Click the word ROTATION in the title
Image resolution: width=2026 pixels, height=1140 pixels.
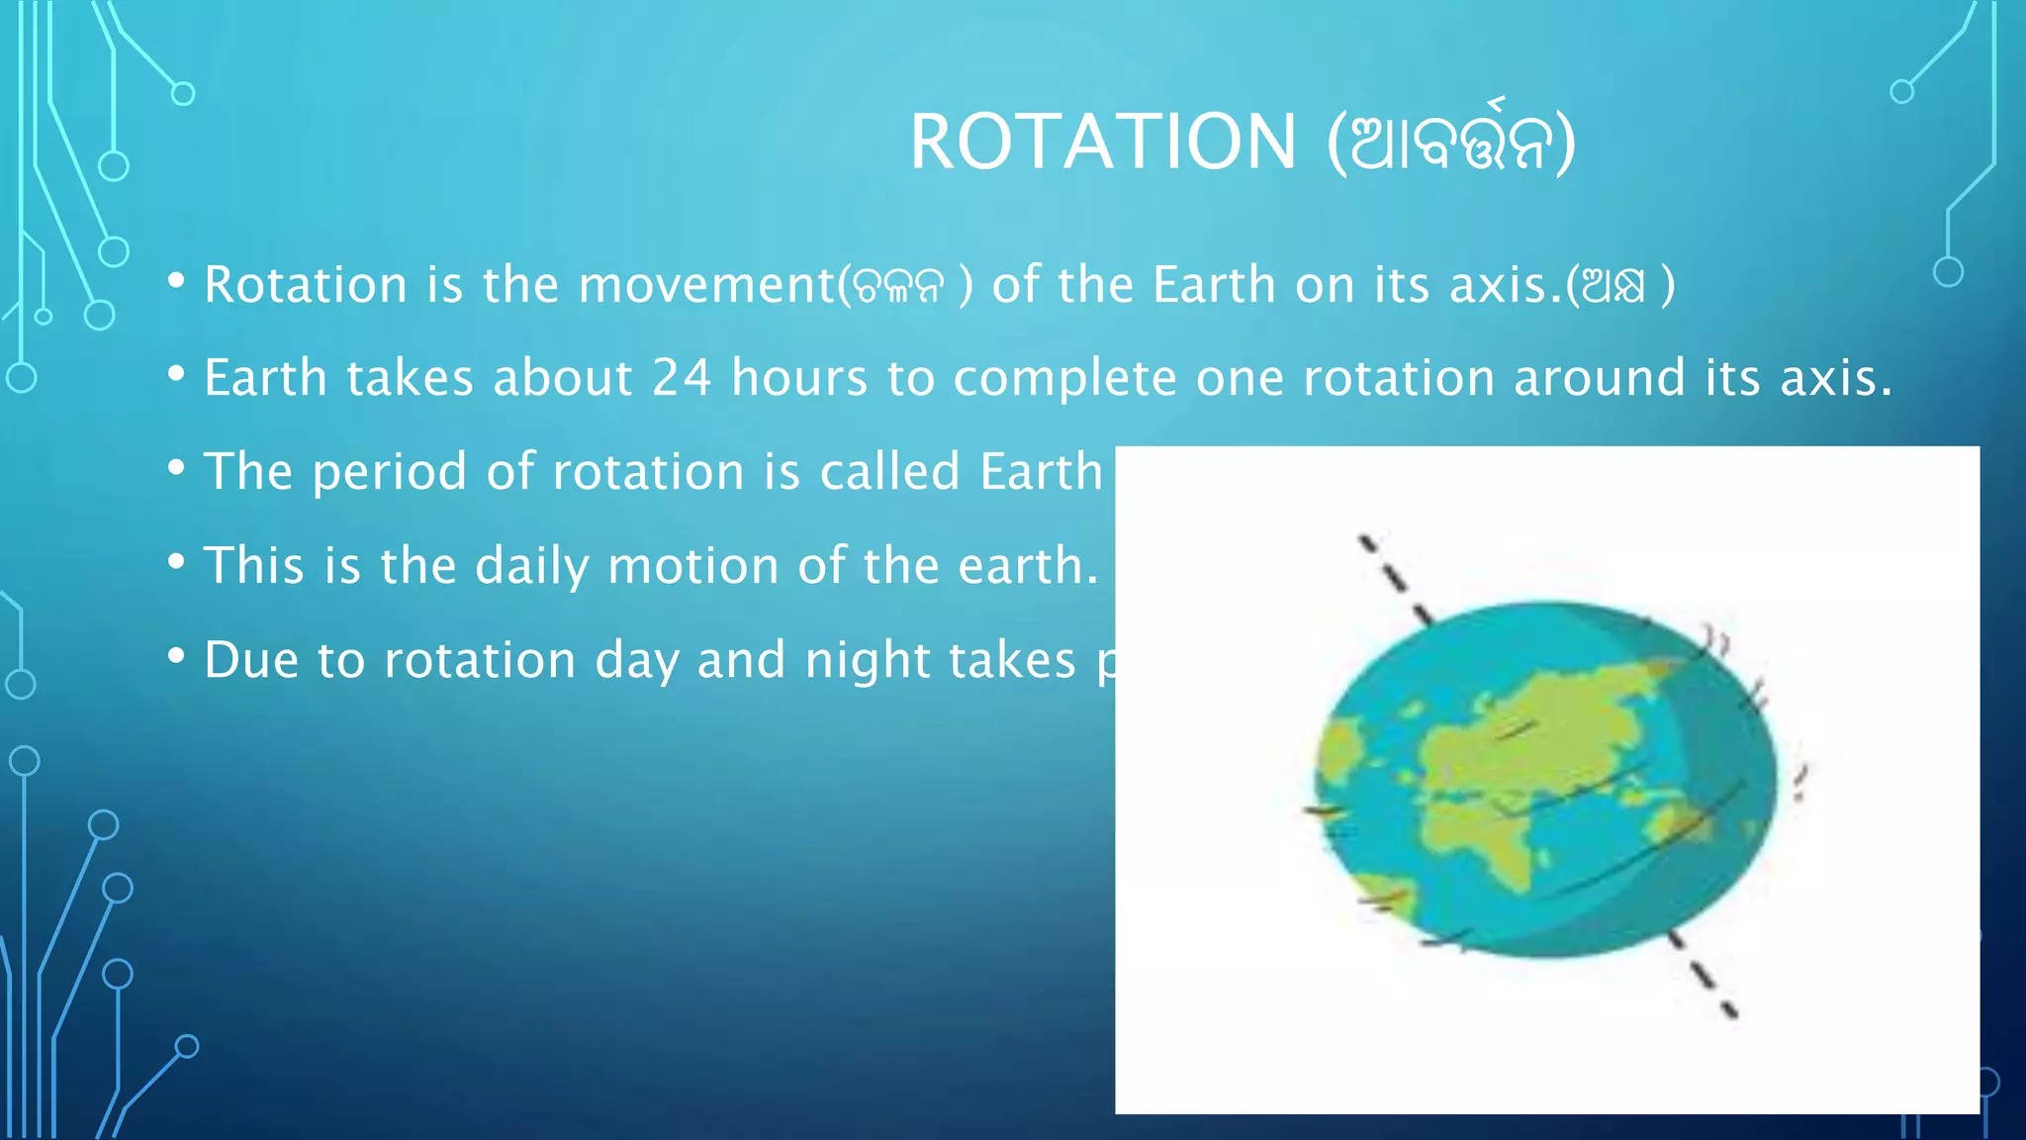click(1102, 142)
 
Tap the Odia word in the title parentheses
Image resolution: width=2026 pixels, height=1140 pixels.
click(1450, 142)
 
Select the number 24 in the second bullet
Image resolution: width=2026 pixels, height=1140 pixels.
click(682, 378)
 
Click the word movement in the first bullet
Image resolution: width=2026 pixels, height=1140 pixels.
click(706, 285)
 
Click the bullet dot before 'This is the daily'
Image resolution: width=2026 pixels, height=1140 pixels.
click(177, 562)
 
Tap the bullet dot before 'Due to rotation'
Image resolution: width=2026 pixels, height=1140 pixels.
click(177, 655)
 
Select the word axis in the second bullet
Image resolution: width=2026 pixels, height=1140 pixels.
click(1833, 378)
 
